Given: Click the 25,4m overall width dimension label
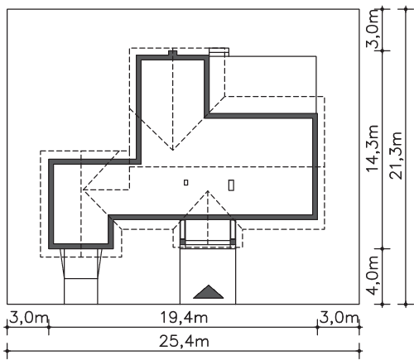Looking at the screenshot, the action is (x=184, y=342).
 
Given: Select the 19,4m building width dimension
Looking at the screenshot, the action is (x=184, y=318).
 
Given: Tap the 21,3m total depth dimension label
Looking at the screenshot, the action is (x=396, y=156).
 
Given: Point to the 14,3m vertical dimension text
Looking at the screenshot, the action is (x=373, y=148).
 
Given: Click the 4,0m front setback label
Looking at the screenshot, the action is (x=373, y=276).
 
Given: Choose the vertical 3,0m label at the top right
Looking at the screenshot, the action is (x=373, y=29).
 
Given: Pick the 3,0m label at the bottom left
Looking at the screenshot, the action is (x=29, y=318).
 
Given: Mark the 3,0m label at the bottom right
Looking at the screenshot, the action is (x=339, y=318).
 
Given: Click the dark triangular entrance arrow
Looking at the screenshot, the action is (x=209, y=292).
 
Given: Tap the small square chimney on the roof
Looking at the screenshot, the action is (x=186, y=182).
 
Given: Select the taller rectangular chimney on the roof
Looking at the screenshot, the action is (x=232, y=185).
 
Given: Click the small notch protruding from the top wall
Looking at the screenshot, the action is (x=172, y=53).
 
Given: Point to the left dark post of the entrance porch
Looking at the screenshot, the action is (x=182, y=242).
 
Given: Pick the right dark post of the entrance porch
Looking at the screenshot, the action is (x=233, y=242).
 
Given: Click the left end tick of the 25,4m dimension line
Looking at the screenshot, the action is (x=7, y=351).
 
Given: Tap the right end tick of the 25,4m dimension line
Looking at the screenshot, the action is (x=359, y=351).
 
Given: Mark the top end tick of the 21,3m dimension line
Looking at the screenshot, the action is (x=406, y=9).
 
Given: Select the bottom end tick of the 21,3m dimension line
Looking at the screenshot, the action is (x=406, y=305).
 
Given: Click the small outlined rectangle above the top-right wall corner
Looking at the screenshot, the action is (x=219, y=52).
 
